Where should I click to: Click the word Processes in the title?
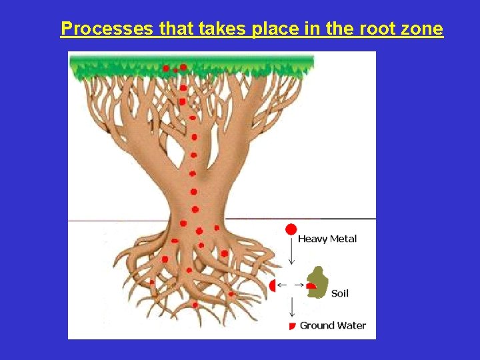107,29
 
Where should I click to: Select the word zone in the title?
423,29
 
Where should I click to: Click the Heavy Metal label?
327,239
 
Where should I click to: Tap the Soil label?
340,293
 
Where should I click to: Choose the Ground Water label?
333,326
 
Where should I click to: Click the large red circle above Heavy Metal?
291,230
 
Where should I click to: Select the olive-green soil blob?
319,281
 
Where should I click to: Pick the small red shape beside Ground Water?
291,326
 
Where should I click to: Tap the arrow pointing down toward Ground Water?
291,307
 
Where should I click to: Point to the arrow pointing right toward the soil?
301,285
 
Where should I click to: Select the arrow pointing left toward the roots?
282,285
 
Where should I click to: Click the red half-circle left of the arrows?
272,285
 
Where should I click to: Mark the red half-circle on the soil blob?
311,285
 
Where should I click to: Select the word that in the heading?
174,29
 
